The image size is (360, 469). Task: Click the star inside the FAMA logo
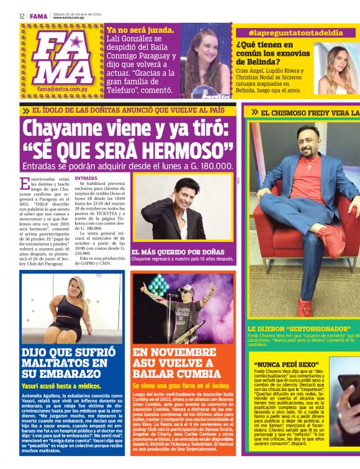[x=76, y=42]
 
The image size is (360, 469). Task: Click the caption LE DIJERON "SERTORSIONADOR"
[x=292, y=329]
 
